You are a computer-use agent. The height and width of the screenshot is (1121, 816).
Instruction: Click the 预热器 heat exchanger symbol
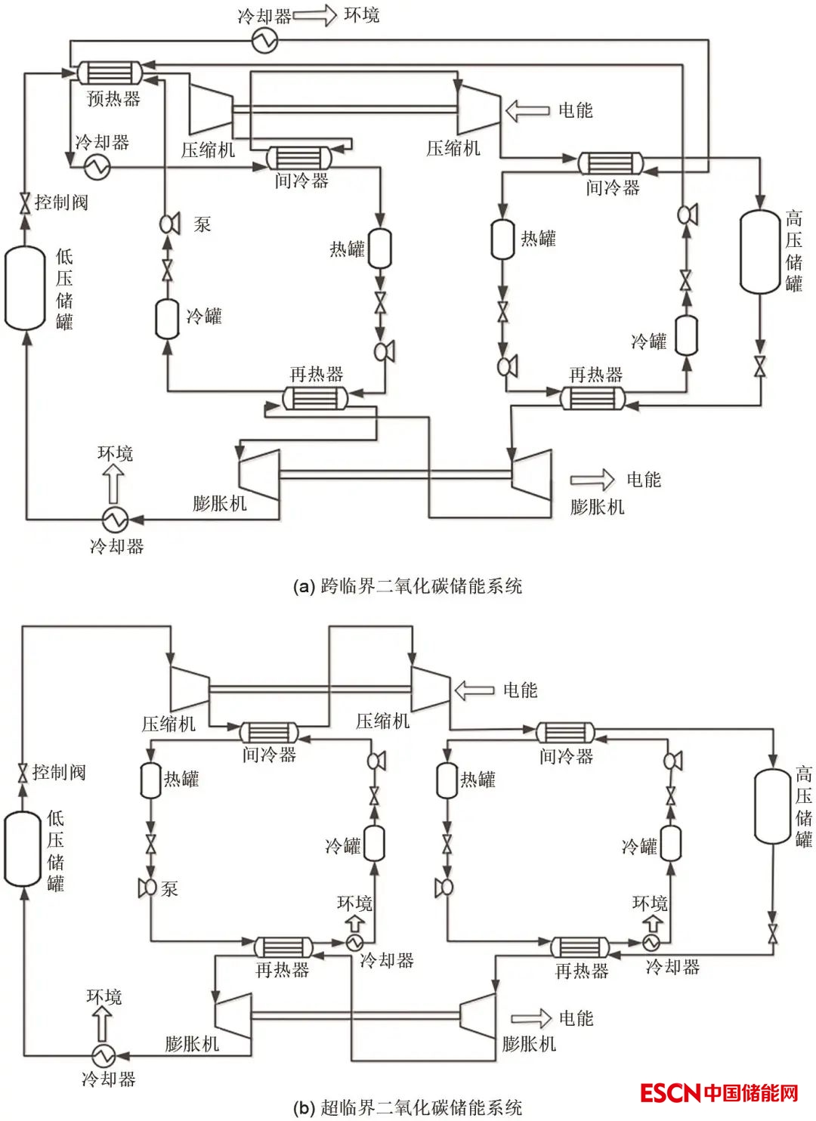(110, 73)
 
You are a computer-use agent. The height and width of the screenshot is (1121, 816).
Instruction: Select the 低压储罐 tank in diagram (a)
(26, 289)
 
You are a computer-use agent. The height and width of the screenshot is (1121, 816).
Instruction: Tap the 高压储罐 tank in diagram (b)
(772, 807)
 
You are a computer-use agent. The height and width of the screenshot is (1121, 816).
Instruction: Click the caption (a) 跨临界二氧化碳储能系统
(408, 586)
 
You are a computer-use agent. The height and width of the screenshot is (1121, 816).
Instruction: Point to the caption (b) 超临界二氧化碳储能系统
(408, 1107)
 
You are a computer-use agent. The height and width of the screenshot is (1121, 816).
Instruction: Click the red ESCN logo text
(670, 1093)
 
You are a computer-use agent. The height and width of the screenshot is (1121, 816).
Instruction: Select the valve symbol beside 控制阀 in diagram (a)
(25, 202)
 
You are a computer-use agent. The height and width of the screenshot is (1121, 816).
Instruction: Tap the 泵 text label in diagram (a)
(202, 224)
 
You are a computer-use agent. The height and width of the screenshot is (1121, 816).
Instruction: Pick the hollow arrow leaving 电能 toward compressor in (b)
(474, 690)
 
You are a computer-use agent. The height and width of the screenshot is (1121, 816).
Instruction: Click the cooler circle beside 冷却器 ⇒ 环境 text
(265, 41)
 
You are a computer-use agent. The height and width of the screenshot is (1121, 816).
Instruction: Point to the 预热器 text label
(113, 98)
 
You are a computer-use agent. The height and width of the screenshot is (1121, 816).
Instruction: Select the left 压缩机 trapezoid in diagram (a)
(209, 107)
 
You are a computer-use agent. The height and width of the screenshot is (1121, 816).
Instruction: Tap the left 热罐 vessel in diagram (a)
(379, 249)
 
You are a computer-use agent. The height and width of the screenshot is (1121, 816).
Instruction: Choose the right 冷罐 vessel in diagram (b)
(671, 843)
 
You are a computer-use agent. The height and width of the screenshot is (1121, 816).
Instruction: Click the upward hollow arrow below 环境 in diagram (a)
(114, 484)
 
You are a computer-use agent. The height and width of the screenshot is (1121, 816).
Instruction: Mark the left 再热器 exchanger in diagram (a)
(316, 397)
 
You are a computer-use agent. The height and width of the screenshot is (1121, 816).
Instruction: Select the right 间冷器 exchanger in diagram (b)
(565, 733)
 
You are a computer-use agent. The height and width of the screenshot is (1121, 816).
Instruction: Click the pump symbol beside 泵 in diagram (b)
(147, 888)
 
